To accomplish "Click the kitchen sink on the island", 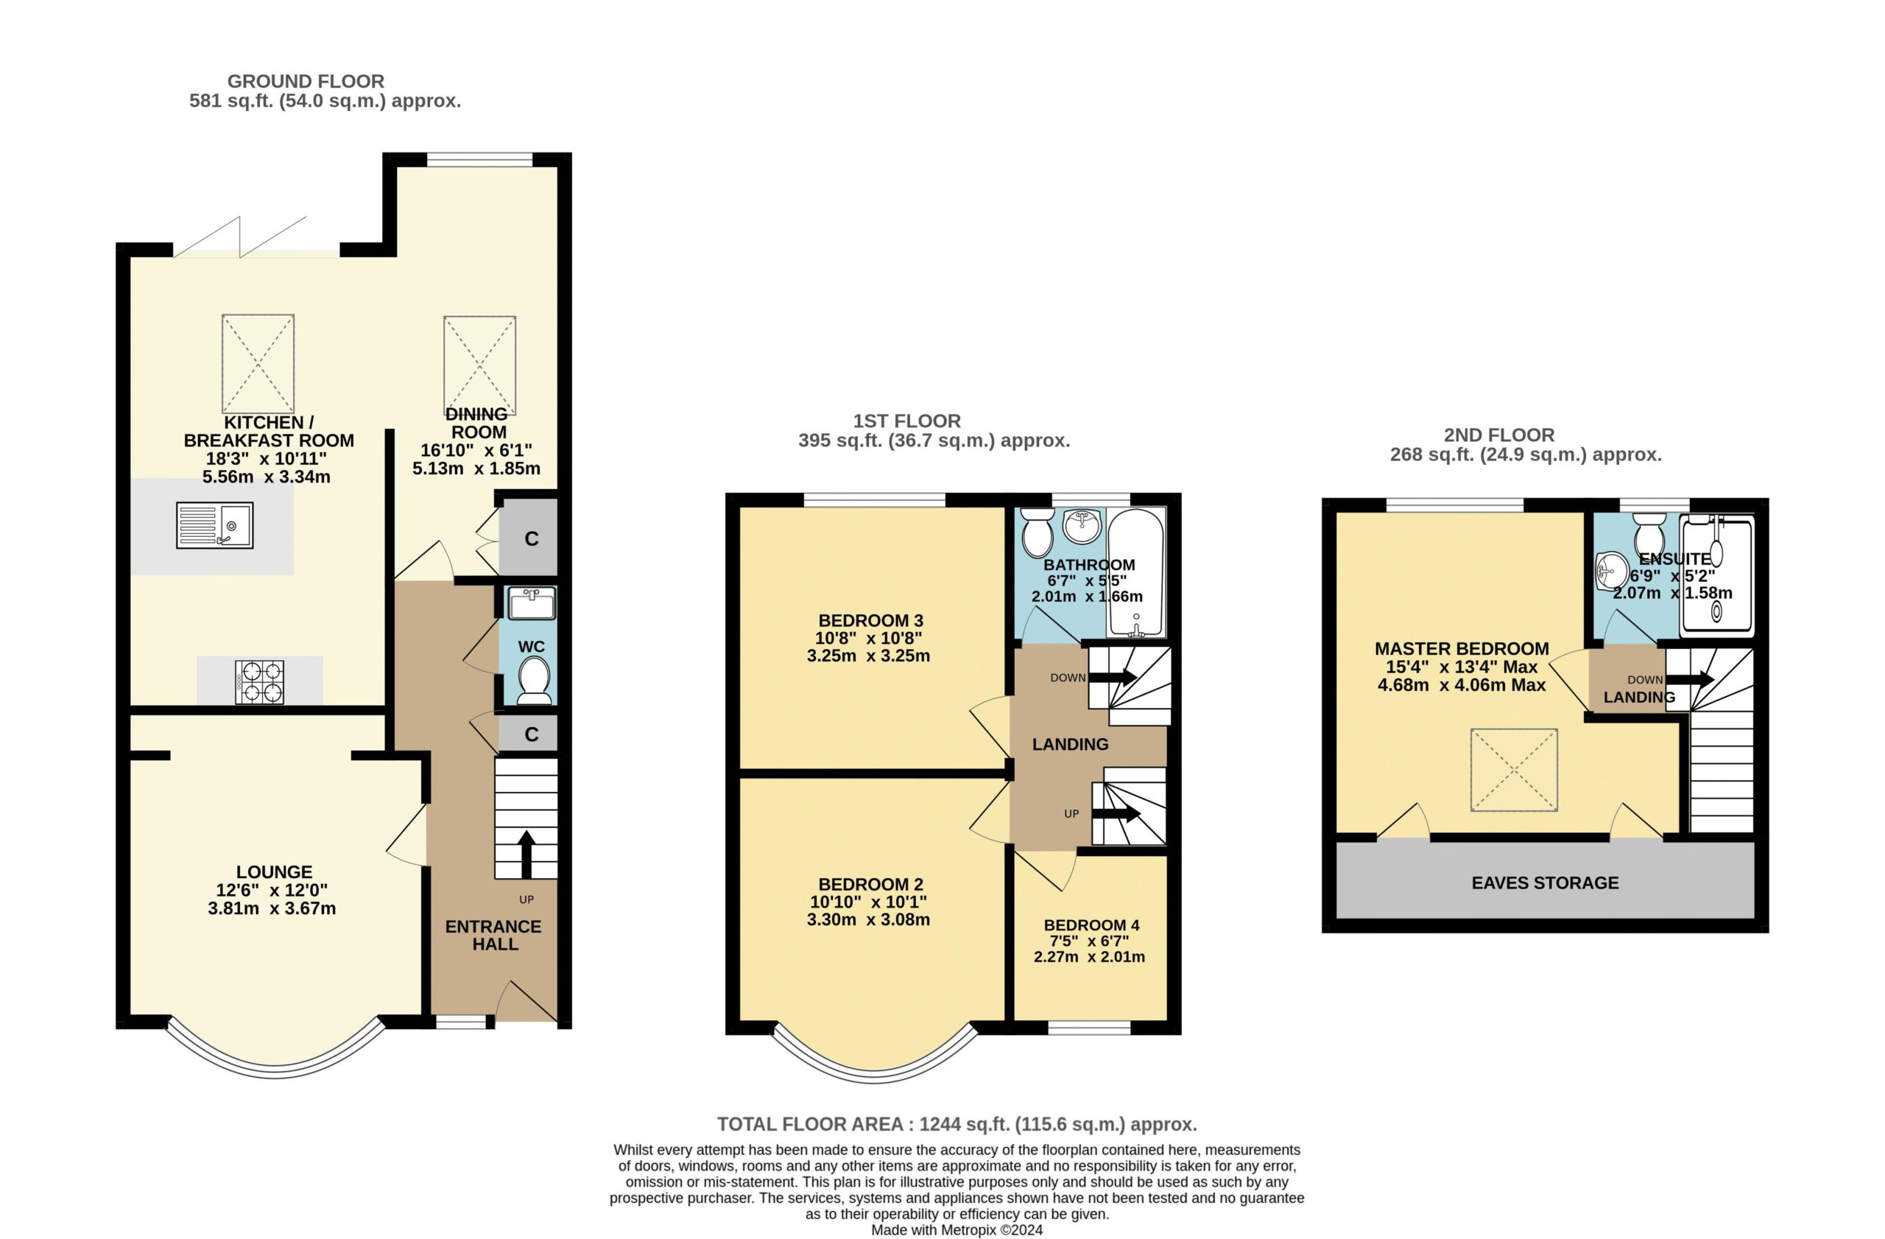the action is point(214,525).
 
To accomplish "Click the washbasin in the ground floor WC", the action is point(532,603).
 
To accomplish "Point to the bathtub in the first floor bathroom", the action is point(1135,572).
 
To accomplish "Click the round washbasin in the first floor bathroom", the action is point(1081,526).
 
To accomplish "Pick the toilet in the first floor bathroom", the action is point(1037,532).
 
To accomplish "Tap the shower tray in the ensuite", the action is point(1717,575).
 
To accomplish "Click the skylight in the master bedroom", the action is point(1515,770).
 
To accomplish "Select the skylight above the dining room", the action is point(480,365).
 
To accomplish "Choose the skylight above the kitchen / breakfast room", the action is point(258,364).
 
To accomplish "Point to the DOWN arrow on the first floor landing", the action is point(1113,678).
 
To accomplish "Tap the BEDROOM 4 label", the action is point(1091,924).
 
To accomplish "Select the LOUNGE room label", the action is point(274,871).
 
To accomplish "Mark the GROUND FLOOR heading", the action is point(306,81).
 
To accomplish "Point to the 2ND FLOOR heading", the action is point(1499,435).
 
